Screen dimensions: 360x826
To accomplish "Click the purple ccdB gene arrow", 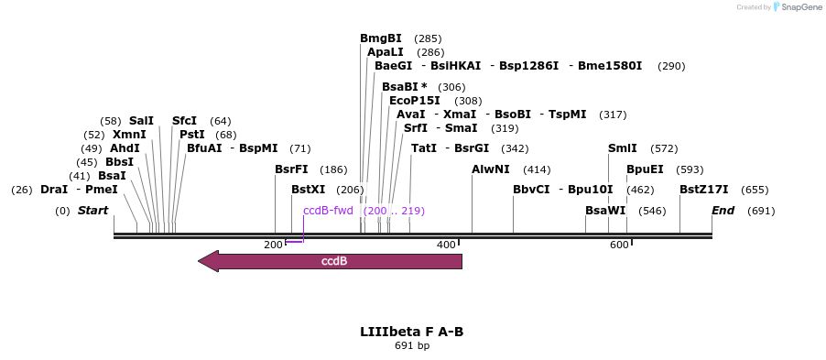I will pyautogui.click(x=331, y=261).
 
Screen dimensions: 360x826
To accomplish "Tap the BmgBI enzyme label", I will pyautogui.click(x=380, y=38).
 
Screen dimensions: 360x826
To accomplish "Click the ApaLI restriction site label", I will pyautogui.click(x=386, y=52).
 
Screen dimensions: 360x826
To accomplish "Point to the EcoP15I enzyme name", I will pyautogui.click(x=414, y=101).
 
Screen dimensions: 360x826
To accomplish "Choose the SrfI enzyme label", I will pyautogui.click(x=415, y=128).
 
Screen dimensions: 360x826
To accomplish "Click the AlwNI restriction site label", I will pyautogui.click(x=491, y=169).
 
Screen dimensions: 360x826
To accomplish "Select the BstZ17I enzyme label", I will pyautogui.click(x=703, y=190).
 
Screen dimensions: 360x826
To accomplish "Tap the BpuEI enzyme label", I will pyautogui.click(x=645, y=169).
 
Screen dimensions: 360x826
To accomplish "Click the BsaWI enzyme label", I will pyautogui.click(x=605, y=211).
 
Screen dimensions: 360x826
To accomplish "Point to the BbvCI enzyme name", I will pyautogui.click(x=531, y=190).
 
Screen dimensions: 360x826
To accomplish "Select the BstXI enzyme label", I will pyautogui.click(x=308, y=190).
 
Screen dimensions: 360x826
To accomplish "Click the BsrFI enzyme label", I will pyautogui.click(x=291, y=169).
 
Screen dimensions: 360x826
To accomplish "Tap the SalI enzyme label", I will pyautogui.click(x=141, y=121).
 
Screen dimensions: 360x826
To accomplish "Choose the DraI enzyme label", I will pyautogui.click(x=54, y=190).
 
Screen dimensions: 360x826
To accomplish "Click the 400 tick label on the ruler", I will pyautogui.click(x=446, y=245).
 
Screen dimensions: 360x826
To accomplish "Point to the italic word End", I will pyautogui.click(x=723, y=211).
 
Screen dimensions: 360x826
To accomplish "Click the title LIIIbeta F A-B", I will pyautogui.click(x=411, y=331).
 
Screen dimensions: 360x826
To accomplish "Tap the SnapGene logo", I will pyautogui.click(x=795, y=7).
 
